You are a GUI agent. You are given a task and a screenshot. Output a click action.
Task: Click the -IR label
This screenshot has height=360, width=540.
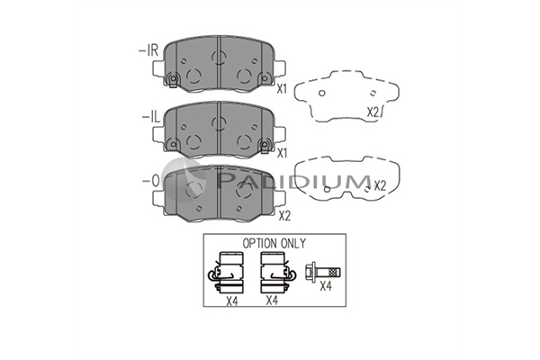pyautogui.click(x=148, y=51)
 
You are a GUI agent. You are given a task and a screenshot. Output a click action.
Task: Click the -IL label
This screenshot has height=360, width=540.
pyautogui.click(x=151, y=118)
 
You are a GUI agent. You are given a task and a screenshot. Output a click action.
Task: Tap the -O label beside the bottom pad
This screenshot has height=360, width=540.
pyautogui.click(x=151, y=181)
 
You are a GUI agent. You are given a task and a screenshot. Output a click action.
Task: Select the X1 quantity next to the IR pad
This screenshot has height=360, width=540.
pyautogui.click(x=282, y=89)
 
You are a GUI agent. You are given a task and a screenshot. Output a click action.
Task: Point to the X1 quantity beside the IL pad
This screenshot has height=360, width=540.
pyautogui.click(x=282, y=153)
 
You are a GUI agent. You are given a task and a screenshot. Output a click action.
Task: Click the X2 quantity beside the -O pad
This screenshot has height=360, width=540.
pyautogui.click(x=284, y=216)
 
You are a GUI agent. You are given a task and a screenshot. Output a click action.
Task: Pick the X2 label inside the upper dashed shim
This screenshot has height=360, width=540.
pyautogui.click(x=373, y=112)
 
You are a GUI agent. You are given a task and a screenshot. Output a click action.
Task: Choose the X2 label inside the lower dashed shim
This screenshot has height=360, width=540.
pyautogui.click(x=380, y=186)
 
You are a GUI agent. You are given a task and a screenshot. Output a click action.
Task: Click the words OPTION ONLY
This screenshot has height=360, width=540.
pyautogui.click(x=274, y=244)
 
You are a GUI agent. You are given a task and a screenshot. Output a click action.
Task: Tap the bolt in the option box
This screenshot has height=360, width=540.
pyautogui.click(x=323, y=273)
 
